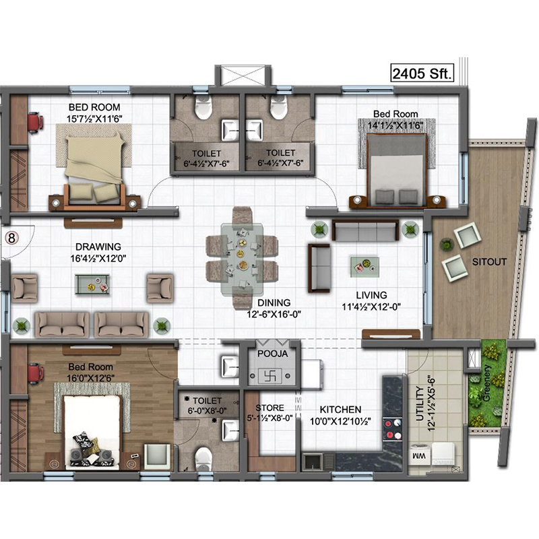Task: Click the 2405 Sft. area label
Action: point(422,73)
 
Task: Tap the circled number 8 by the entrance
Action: point(11,238)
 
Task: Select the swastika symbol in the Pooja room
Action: point(270,376)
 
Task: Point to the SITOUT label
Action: point(489,262)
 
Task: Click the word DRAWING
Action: point(98,247)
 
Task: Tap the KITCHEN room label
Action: point(340,410)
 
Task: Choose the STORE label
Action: point(270,408)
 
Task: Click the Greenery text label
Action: point(486,383)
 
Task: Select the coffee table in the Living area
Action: point(364,267)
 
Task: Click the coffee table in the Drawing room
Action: point(92,284)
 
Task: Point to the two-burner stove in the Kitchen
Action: point(392,429)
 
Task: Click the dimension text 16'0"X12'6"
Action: point(91,378)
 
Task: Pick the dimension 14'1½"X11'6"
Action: point(395,125)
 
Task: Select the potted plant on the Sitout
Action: point(446,245)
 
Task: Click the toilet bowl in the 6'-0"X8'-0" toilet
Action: point(203,458)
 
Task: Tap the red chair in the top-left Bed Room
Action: point(36,123)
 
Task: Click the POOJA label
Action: point(273,354)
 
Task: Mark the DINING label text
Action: point(274,303)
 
